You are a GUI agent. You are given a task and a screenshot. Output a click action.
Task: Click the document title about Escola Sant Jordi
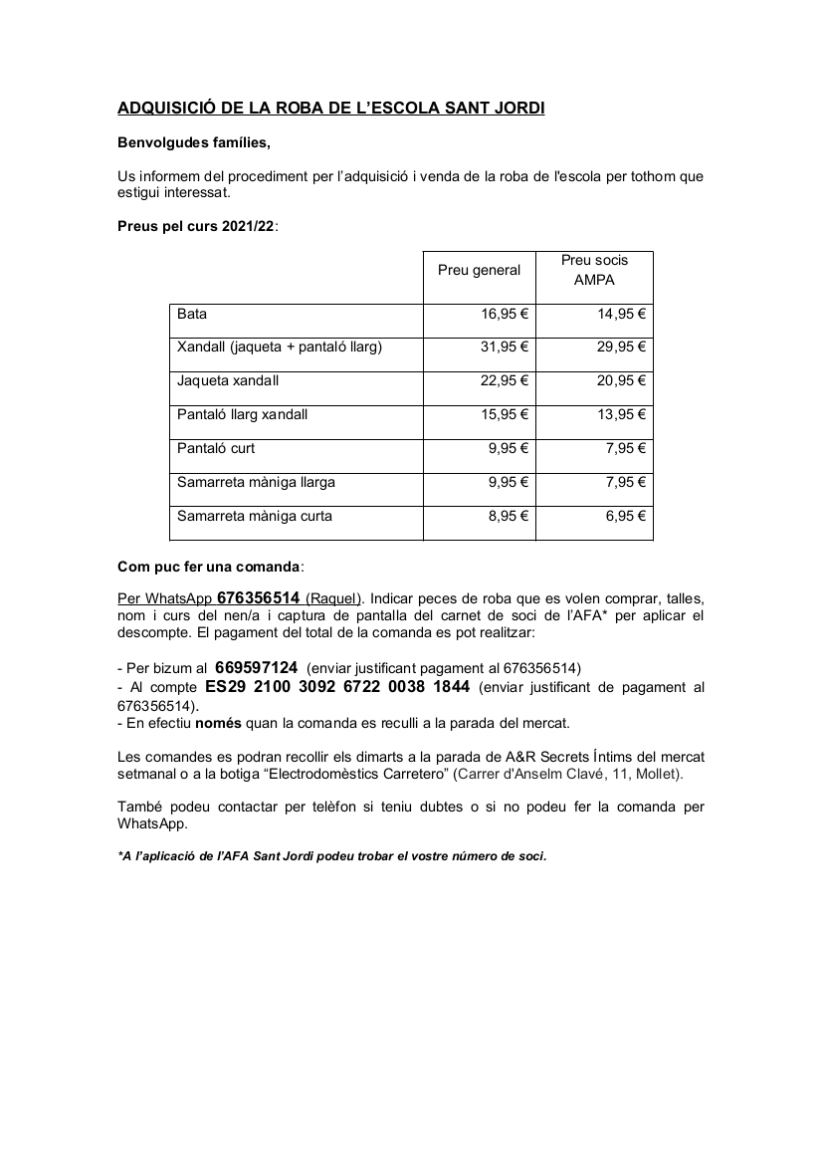point(331,108)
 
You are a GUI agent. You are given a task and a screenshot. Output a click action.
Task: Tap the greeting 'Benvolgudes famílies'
point(194,142)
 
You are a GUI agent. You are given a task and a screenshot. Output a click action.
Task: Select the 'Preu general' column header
point(479,270)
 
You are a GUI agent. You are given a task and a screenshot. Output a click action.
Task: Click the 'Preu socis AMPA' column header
point(594,270)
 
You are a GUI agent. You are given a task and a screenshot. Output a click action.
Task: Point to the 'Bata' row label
point(192,314)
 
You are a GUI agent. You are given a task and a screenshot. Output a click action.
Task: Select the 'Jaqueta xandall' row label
point(228,381)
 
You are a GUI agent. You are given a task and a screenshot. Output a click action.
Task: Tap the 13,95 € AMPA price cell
point(622,414)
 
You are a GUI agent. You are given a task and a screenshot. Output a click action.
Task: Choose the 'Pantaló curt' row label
point(216,448)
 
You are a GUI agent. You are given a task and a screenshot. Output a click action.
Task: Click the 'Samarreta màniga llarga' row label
point(256,483)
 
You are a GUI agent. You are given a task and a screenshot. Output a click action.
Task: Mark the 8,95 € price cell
point(509,517)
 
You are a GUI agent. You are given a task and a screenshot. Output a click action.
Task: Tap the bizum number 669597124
point(256,667)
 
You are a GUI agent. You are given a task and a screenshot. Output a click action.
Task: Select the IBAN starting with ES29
point(337,687)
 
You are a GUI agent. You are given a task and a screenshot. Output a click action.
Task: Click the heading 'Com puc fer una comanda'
point(208,567)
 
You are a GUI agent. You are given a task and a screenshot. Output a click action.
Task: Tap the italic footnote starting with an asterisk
point(331,855)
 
